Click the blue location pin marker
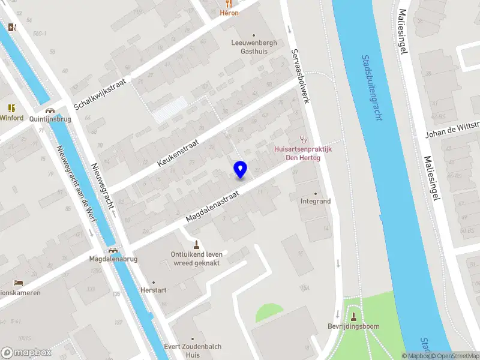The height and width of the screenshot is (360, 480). click(240, 169)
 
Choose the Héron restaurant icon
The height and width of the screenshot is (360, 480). click(229, 4)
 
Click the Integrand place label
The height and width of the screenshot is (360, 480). click(316, 202)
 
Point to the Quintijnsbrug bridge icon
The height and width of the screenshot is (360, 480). click(50, 110)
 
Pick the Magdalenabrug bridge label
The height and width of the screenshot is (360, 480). click(113, 259)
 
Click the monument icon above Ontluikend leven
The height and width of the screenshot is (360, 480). click(196, 244)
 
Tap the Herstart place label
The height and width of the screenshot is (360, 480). click(153, 290)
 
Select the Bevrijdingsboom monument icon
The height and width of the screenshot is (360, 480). click(353, 316)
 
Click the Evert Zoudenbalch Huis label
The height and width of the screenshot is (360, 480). click(193, 350)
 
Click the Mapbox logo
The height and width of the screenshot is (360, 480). click(26, 353)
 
